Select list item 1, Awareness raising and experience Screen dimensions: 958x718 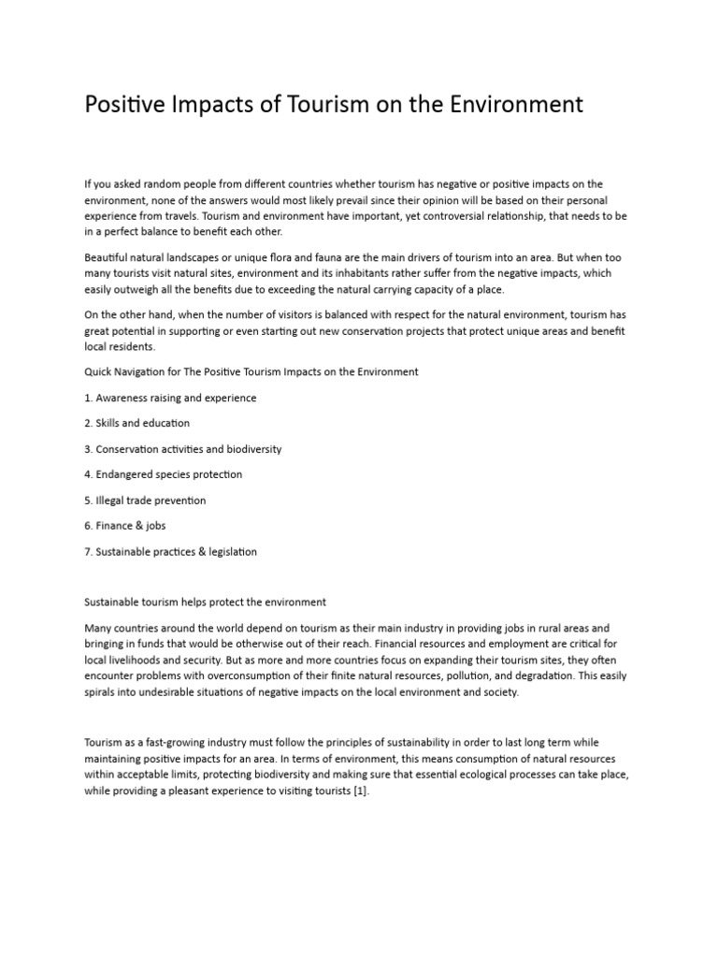170,398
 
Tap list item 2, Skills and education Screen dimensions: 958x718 136,423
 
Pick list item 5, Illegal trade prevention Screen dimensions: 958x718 145,501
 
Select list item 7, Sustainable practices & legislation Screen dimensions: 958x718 170,552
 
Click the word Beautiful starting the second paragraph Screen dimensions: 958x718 107,257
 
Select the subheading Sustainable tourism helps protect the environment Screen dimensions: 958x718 205,601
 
